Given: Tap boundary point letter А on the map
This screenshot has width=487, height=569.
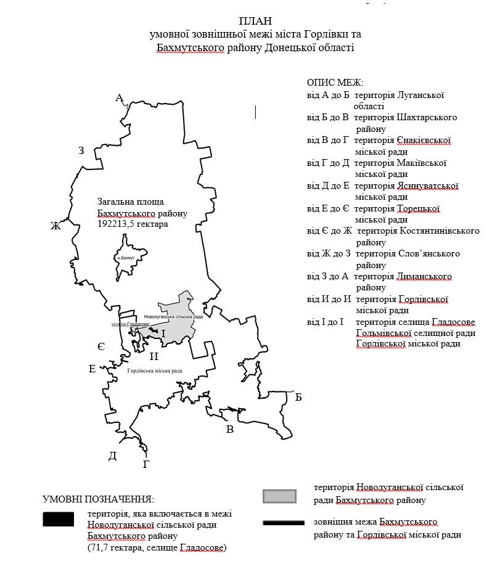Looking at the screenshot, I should coord(120,97).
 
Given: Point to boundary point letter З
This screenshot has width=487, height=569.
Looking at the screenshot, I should coord(81,150).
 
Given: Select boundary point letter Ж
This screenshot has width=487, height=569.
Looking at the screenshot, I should coord(56,226).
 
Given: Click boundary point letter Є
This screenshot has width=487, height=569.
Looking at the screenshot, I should coord(101,347).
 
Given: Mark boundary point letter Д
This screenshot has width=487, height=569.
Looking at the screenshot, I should coord(112,456).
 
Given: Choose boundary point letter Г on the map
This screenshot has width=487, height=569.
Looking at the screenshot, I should coord(146,464).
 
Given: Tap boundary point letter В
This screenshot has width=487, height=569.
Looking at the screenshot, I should coord(230,430).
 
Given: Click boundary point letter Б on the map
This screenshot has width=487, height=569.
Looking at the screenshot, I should coord(298,397).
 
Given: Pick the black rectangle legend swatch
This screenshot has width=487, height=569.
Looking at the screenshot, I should coord(58,519).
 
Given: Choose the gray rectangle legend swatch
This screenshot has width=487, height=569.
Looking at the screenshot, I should coord(279,496).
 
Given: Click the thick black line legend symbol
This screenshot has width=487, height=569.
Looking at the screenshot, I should coord(284,523).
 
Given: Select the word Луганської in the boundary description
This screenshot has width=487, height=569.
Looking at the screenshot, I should coord(422,95).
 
